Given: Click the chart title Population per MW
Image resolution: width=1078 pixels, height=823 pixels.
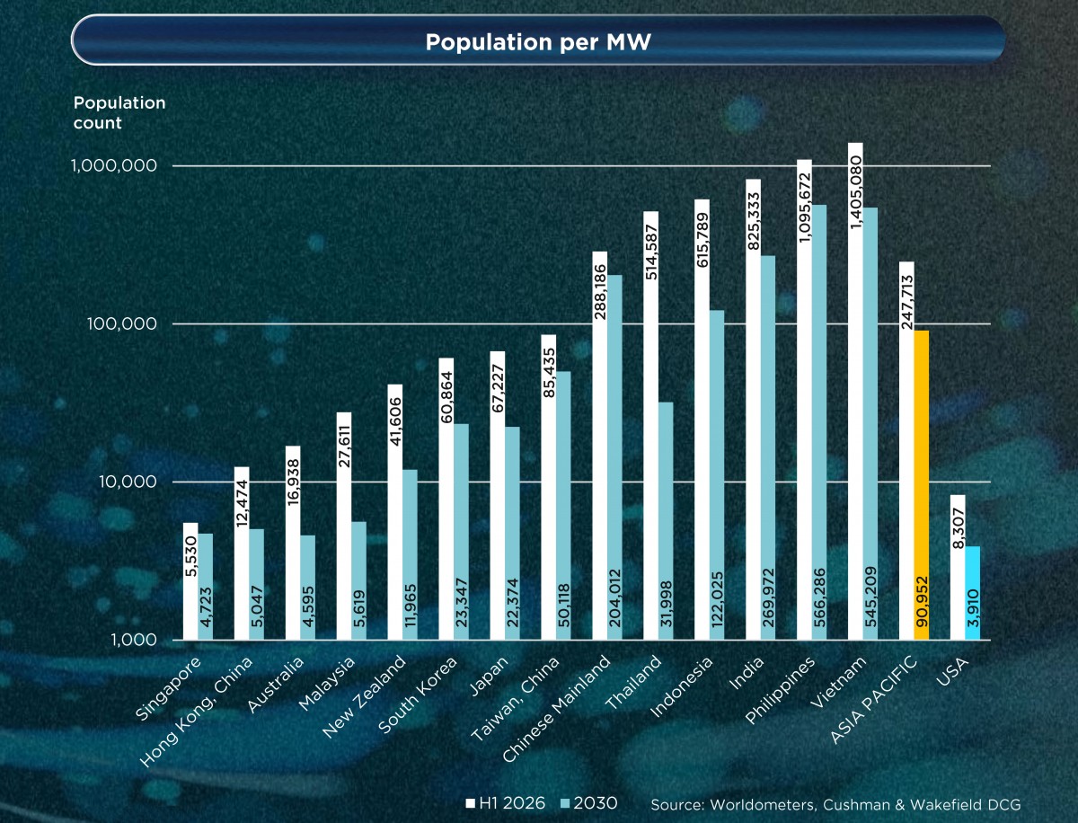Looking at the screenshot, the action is pyautogui.click(x=538, y=42).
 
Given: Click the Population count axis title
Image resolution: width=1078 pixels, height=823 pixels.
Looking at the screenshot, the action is pyautogui.click(x=119, y=112).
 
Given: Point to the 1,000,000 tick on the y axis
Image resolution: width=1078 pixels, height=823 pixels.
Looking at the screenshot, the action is pyautogui.click(x=114, y=166).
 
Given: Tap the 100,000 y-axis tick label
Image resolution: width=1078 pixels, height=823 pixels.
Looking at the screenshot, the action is pyautogui.click(x=122, y=324).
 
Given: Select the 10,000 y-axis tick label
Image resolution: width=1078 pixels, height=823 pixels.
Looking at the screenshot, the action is pyautogui.click(x=128, y=482).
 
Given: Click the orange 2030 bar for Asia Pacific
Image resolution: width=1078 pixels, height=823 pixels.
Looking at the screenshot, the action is pyautogui.click(x=922, y=484).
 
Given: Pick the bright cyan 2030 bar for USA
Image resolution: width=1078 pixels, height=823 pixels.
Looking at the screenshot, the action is pyautogui.click(x=972, y=593).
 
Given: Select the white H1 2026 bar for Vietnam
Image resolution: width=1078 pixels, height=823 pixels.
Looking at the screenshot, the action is pyautogui.click(x=855, y=392).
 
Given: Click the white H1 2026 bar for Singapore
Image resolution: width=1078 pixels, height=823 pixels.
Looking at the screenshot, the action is pyautogui.click(x=190, y=581).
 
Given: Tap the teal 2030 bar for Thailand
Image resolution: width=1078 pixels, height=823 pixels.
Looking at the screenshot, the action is pyautogui.click(x=666, y=521).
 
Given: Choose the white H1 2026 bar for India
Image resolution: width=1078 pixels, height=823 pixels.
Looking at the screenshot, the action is pyautogui.click(x=754, y=410).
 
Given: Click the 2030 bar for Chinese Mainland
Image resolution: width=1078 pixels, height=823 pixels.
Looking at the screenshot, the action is pyautogui.click(x=614, y=457).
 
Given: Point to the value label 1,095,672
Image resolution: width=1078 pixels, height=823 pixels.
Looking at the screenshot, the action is pyautogui.click(x=804, y=208).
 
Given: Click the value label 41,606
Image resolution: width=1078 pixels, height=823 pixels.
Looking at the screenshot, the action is pyautogui.click(x=395, y=421).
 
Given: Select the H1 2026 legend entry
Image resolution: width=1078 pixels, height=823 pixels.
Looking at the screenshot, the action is pyautogui.click(x=506, y=803).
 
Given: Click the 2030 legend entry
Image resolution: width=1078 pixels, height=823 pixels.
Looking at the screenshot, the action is pyautogui.click(x=588, y=803).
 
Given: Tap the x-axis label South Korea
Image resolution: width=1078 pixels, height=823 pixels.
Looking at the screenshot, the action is pyautogui.click(x=418, y=695).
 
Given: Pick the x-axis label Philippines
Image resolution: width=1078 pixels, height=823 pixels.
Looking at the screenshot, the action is pyautogui.click(x=781, y=690).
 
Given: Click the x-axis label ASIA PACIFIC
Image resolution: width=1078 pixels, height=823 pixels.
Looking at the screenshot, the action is pyautogui.click(x=874, y=699).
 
